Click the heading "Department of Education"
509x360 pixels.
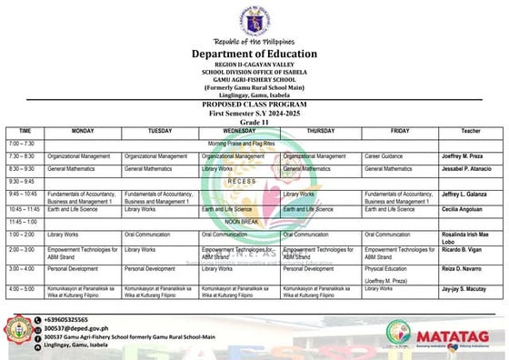point(254,55)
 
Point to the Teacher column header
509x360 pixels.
point(470,131)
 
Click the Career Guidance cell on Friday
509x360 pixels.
point(384,156)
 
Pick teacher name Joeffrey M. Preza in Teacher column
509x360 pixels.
point(464,156)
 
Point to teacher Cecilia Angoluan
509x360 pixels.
point(462,208)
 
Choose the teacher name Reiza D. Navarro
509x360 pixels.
point(464,269)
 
